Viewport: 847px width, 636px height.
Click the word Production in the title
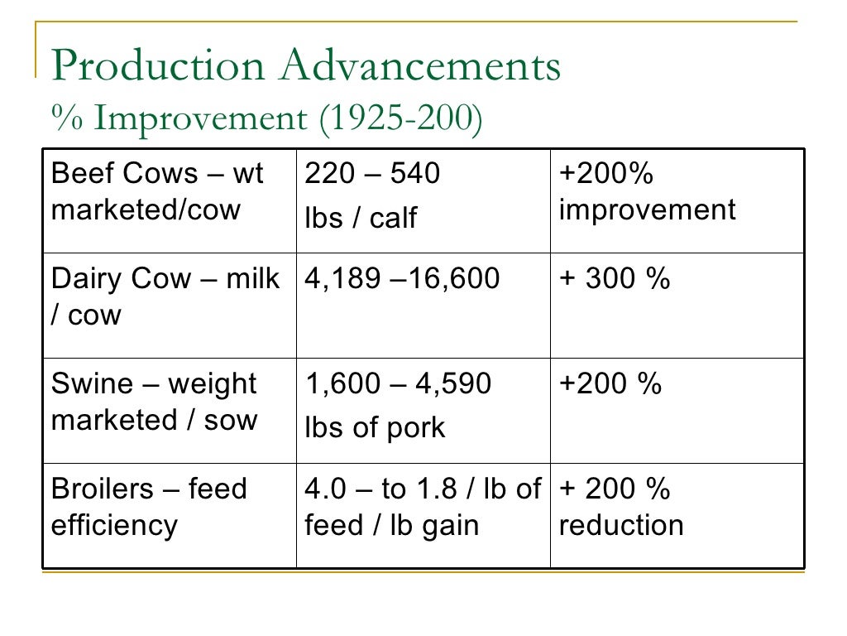click(x=157, y=65)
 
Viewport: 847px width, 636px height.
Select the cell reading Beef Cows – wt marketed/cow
click(x=169, y=200)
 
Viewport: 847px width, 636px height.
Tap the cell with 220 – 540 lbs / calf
click(x=423, y=200)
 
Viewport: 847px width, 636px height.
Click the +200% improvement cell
click(x=677, y=200)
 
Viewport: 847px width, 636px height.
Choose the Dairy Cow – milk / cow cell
click(x=169, y=305)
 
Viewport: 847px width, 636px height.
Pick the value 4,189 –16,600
click(x=403, y=279)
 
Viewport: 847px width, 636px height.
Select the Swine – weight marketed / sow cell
click(x=169, y=410)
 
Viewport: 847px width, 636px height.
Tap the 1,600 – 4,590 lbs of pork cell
click(x=423, y=410)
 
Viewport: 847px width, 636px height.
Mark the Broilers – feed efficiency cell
click(x=169, y=514)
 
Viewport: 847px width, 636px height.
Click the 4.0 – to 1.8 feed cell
click(x=423, y=514)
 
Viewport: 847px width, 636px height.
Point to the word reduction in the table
click(x=621, y=526)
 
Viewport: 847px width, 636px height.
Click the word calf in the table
click(x=393, y=218)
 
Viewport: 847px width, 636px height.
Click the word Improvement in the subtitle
click(x=199, y=118)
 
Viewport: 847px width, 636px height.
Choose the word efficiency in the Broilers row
click(x=114, y=526)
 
